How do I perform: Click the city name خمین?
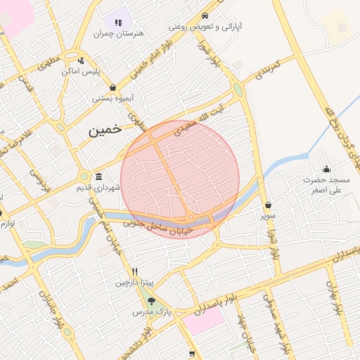[105, 129]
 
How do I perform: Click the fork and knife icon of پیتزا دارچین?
[134, 271]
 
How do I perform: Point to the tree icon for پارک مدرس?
[151, 301]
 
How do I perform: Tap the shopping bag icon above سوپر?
[268, 205]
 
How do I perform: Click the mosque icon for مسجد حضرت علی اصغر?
[326, 169]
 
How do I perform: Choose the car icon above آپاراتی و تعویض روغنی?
[205, 15]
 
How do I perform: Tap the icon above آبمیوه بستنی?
[112, 88]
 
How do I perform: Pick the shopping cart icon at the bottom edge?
[192, 354]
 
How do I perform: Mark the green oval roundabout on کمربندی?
[238, 90]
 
